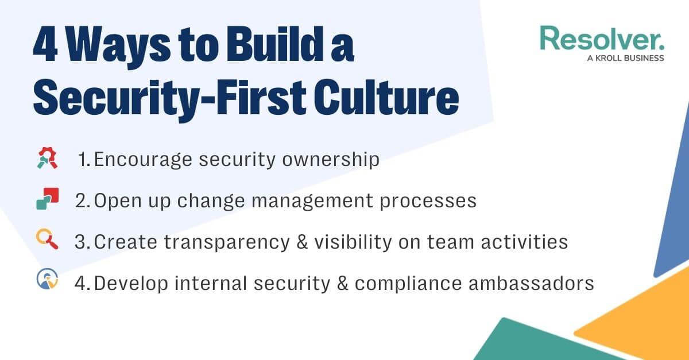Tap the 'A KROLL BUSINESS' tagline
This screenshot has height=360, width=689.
pyautogui.click(x=625, y=58)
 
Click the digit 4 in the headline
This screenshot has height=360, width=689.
pyautogui.click(x=45, y=44)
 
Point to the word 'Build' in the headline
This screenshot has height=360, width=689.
pyautogui.click(x=275, y=44)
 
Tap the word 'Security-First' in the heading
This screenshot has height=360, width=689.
pyautogui.click(x=169, y=100)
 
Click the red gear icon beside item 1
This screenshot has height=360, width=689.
pyautogui.click(x=47, y=158)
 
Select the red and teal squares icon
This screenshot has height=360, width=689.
pyautogui.click(x=47, y=199)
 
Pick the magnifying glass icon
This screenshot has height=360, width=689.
pyautogui.click(x=47, y=239)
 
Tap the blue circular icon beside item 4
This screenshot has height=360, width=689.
pyautogui.click(x=47, y=279)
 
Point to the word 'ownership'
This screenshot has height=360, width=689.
pyautogui.click(x=331, y=160)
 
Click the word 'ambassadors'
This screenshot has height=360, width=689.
pyautogui.click(x=531, y=283)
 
